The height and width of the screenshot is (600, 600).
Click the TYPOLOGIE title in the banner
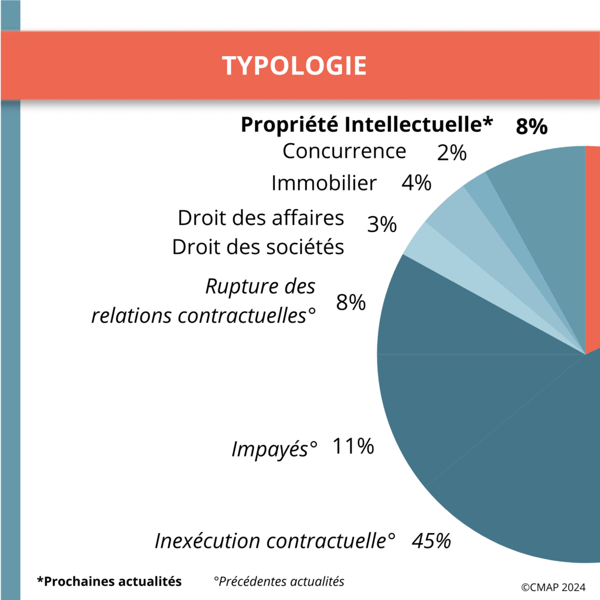(294, 66)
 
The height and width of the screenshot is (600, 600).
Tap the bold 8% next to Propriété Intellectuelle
(531, 126)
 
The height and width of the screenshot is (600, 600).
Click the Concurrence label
(344, 151)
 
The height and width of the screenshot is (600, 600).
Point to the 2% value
(451, 154)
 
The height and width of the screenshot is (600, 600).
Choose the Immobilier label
(323, 183)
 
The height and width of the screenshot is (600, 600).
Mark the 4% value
(416, 183)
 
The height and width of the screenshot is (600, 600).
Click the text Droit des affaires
(261, 218)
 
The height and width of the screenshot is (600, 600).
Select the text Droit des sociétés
(258, 247)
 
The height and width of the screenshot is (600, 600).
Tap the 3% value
(382, 224)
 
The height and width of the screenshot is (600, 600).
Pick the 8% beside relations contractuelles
(351, 303)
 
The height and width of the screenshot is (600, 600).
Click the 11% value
(353, 446)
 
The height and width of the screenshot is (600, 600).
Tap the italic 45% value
(431, 540)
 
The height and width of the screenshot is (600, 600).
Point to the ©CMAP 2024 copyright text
(553, 586)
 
